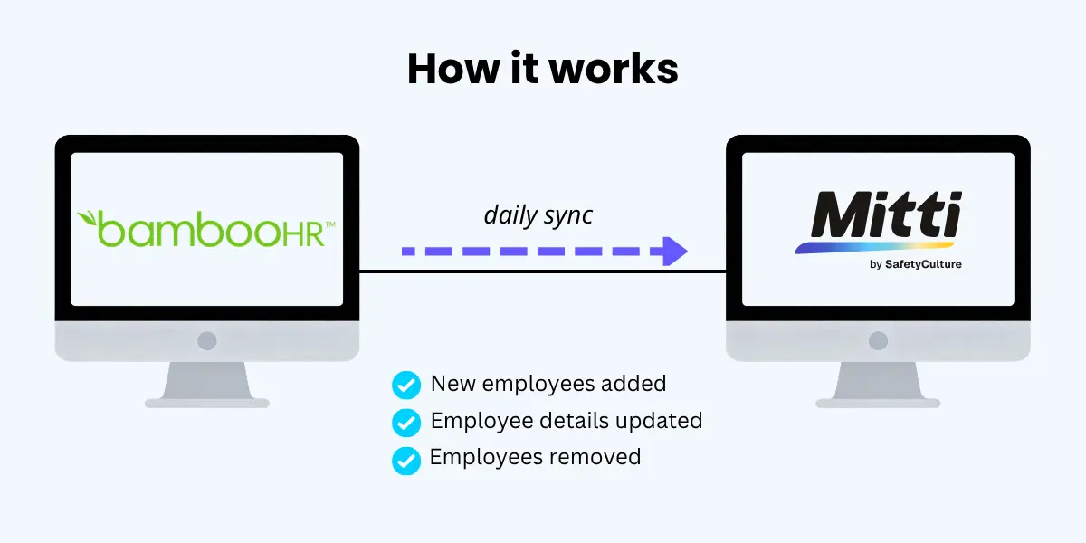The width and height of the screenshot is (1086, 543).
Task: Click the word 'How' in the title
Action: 453,69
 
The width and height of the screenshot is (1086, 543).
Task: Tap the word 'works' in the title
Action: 614,69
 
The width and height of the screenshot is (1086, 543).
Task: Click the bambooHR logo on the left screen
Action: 206,229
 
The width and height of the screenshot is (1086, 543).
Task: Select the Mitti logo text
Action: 886,214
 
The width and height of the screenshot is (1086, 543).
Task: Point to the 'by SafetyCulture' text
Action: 915,264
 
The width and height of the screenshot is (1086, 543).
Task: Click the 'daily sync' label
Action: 538,214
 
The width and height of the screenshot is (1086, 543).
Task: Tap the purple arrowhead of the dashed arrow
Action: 675,252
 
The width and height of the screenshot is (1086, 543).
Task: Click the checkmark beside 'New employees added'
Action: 406,385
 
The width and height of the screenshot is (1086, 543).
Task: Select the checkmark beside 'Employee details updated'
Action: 406,423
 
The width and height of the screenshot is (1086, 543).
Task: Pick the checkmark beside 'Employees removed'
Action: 406,461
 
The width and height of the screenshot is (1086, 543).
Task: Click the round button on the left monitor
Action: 207,341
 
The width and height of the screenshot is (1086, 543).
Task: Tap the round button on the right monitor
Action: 878,341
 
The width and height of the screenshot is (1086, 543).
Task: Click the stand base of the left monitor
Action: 207,403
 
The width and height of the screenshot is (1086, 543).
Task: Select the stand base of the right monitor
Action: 878,403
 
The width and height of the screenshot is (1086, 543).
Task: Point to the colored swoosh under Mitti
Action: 875,248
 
